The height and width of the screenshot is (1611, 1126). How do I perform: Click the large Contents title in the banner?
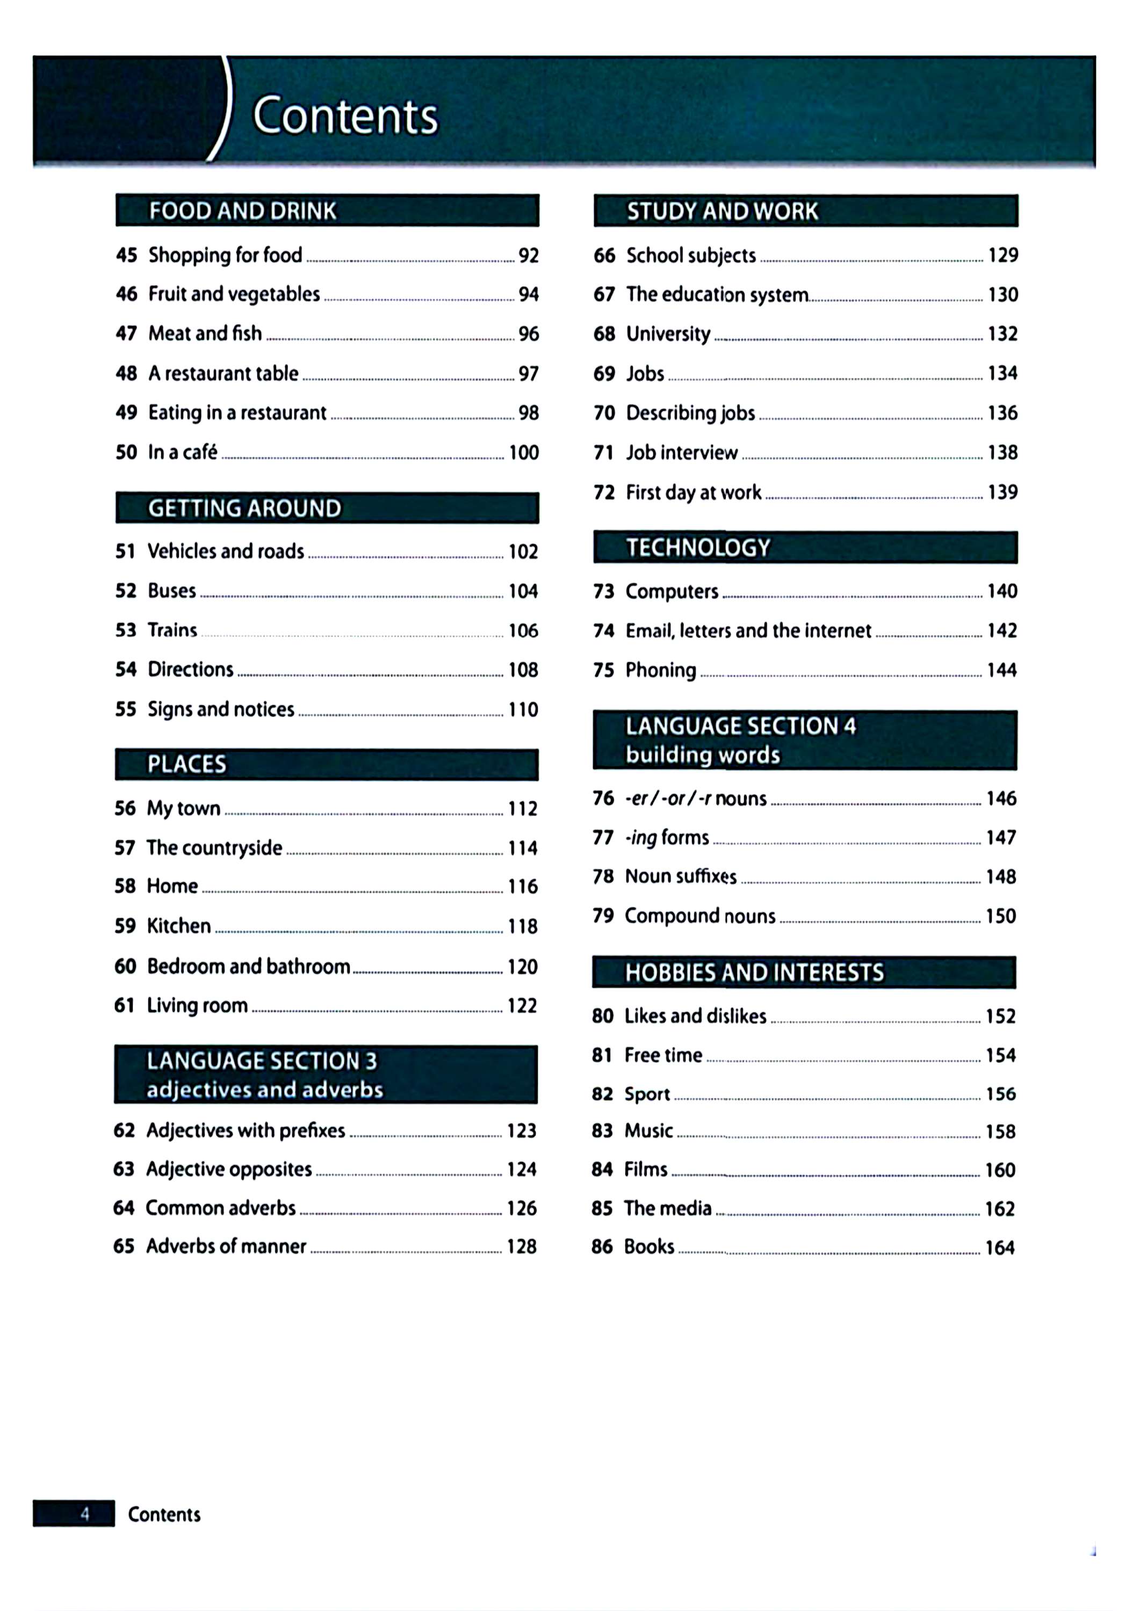[345, 116]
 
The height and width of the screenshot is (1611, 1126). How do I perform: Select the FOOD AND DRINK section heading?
[242, 211]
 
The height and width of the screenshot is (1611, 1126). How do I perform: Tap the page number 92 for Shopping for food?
[529, 256]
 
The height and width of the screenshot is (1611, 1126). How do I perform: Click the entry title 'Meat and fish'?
[205, 333]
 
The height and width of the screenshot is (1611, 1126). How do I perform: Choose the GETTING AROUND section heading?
[244, 508]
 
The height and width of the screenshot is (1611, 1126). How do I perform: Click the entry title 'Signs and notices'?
[220, 709]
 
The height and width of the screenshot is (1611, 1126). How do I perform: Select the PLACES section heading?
[187, 764]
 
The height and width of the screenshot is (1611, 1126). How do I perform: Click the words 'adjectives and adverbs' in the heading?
[265, 1090]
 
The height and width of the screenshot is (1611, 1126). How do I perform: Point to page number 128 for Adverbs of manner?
[522, 1247]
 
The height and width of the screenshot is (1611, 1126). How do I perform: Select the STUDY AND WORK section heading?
[723, 211]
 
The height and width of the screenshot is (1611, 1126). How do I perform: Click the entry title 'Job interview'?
[682, 453]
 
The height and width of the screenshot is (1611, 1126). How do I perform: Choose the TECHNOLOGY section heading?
[698, 547]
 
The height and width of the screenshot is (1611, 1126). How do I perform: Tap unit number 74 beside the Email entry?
[604, 631]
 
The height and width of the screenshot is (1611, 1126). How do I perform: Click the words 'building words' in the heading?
[703, 755]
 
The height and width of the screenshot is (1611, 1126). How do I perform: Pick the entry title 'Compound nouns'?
[700, 916]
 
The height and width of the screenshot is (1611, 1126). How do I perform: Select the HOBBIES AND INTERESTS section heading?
[755, 973]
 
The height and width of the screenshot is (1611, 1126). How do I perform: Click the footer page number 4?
[85, 1513]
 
